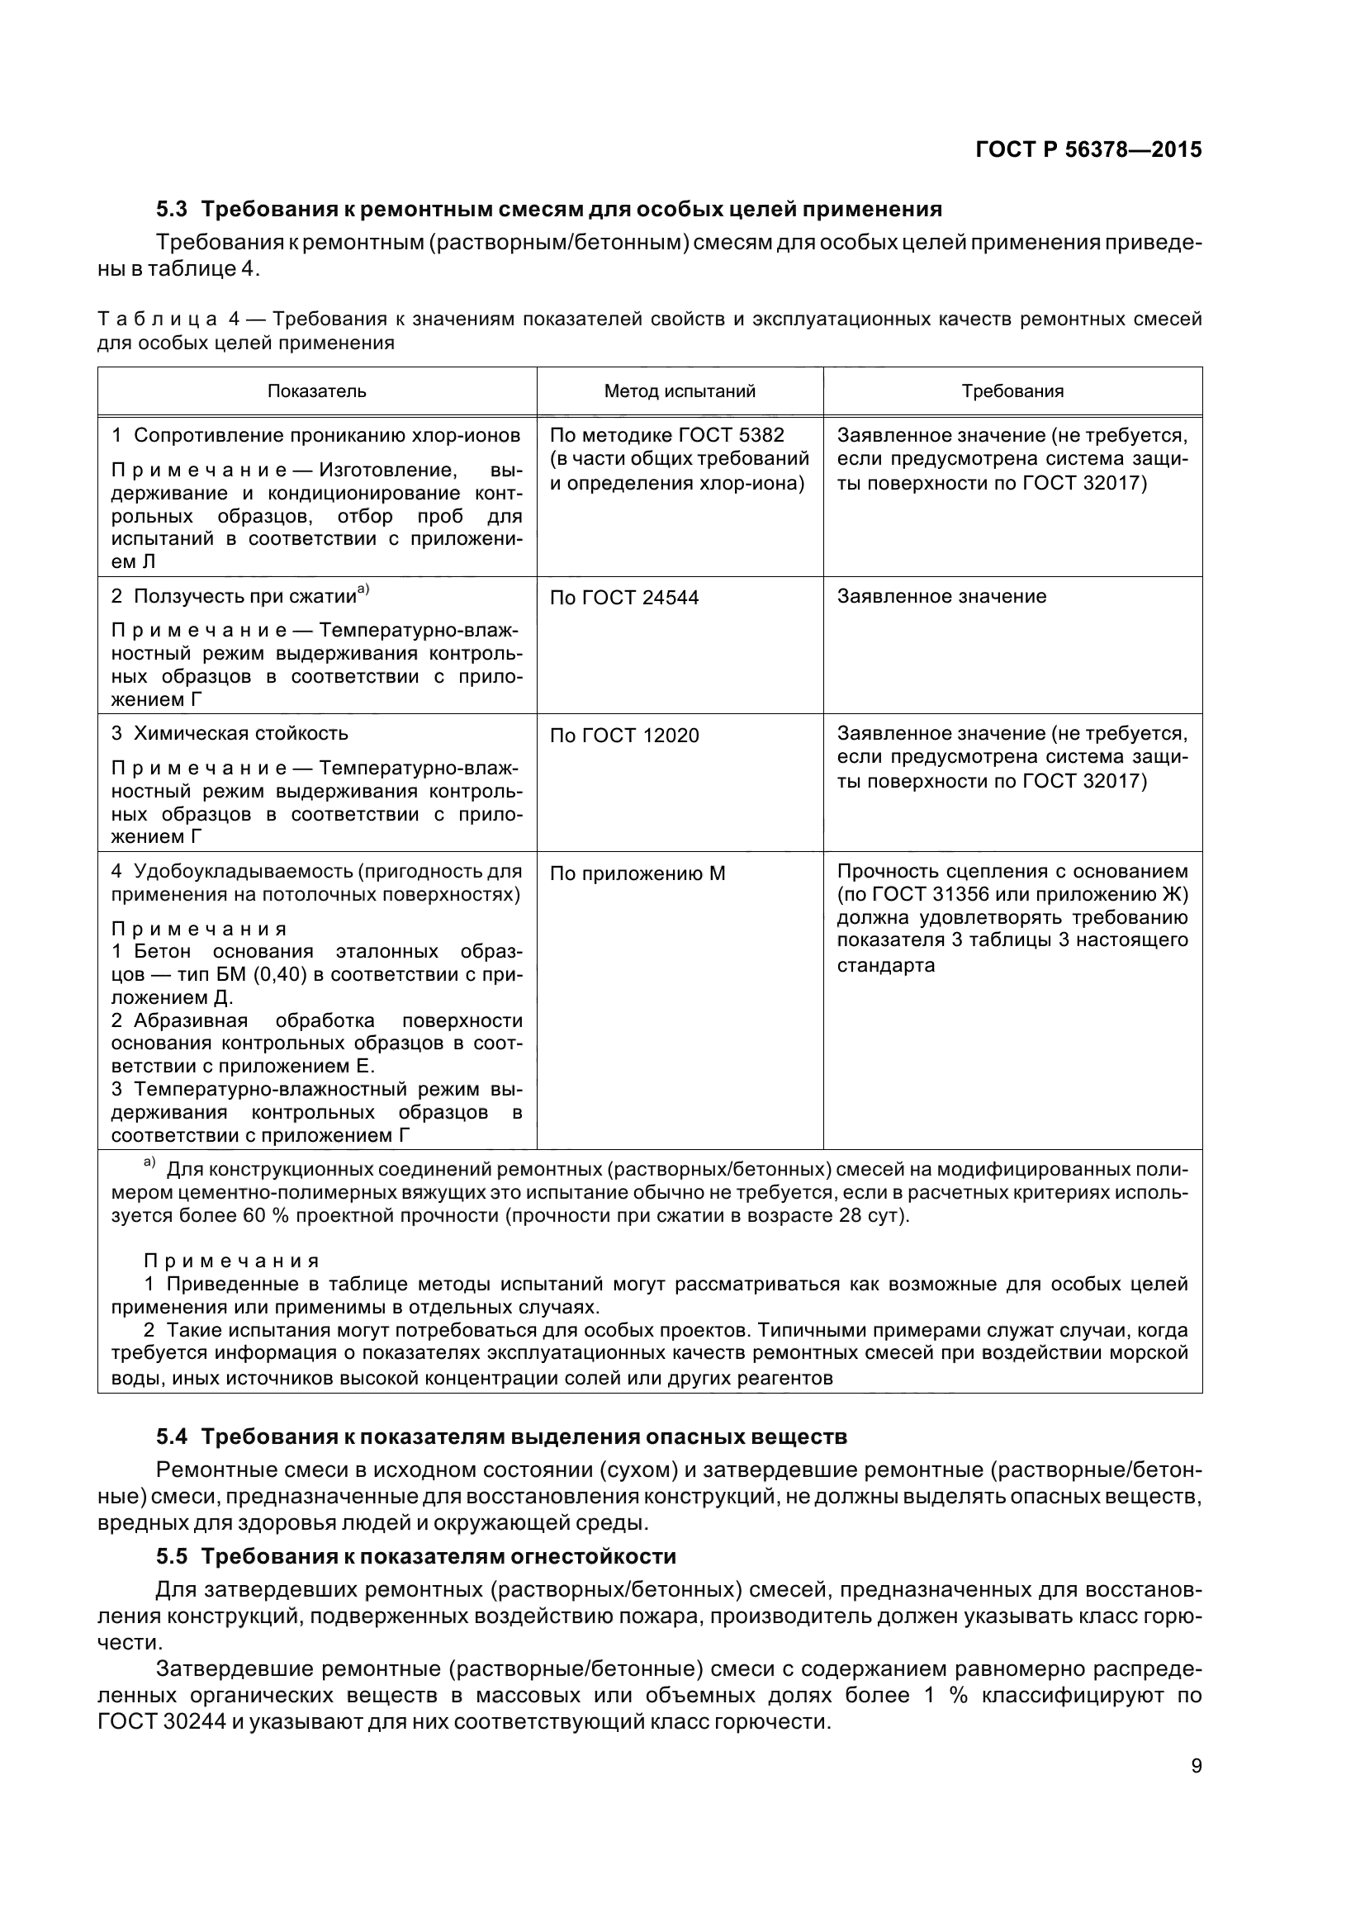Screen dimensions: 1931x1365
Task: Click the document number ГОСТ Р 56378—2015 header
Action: [1088, 149]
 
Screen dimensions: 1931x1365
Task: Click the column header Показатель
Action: [317, 391]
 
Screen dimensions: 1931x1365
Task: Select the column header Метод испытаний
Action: [680, 391]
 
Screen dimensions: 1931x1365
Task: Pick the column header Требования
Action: [1012, 391]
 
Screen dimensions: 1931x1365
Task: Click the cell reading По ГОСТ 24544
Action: [624, 598]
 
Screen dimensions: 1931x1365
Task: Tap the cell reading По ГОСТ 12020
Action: [624, 736]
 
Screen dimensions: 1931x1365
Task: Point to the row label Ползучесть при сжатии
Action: [244, 597]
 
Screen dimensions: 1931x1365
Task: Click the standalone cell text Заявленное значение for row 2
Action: [941, 597]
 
